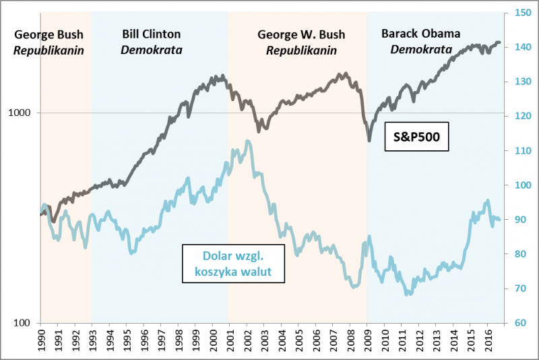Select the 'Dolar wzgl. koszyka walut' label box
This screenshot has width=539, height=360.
coord(232,264)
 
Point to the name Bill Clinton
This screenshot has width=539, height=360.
coord(152,34)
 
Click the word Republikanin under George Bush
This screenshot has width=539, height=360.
coord(53,49)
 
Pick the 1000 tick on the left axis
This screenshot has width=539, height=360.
coord(24,113)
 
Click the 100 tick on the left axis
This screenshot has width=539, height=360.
coord(27,323)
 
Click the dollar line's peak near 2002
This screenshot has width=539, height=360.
coord(248,141)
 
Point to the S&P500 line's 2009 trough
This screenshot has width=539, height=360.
coord(369,140)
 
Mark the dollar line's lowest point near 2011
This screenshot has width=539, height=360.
coord(408,295)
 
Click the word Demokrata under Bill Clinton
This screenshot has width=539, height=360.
coord(152,49)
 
